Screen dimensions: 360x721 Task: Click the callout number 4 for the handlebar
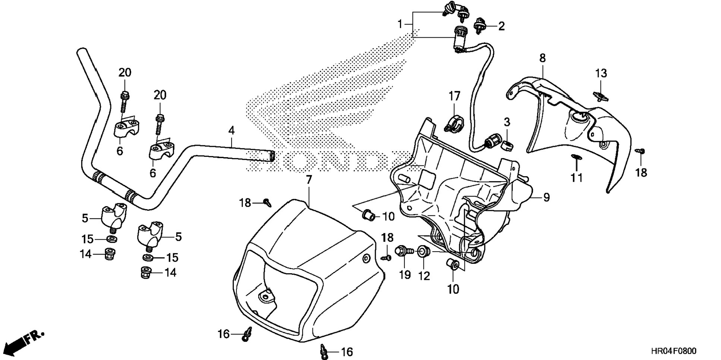click(x=232, y=131)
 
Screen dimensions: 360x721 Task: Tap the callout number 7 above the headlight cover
click(x=308, y=180)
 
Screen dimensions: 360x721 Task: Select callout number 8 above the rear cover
click(x=542, y=58)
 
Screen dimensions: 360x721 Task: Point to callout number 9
click(x=546, y=197)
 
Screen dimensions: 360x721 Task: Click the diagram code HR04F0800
click(x=673, y=351)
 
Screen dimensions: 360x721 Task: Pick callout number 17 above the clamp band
click(x=454, y=96)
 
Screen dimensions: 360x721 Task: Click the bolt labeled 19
click(x=403, y=251)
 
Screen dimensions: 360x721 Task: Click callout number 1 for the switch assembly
click(x=400, y=25)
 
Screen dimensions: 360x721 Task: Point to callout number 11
click(x=577, y=177)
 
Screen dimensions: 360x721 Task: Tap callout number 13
click(x=601, y=73)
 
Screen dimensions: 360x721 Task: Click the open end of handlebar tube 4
click(x=272, y=156)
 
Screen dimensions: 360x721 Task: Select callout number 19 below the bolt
click(x=405, y=275)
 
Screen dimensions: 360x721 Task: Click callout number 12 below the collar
click(x=424, y=276)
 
